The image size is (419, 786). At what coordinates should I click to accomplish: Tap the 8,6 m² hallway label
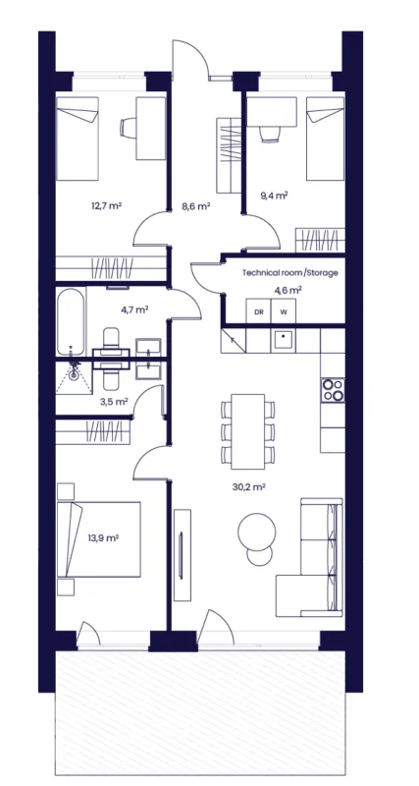click(194, 205)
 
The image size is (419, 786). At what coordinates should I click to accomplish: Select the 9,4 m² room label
click(274, 195)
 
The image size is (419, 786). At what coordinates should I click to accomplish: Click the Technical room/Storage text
click(290, 273)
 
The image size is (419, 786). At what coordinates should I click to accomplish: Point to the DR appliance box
click(258, 311)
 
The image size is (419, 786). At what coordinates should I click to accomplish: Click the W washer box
click(284, 311)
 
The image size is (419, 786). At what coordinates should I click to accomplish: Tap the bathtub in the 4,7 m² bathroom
click(71, 321)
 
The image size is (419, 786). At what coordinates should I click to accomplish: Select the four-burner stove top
click(333, 390)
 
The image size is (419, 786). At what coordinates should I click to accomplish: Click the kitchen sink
click(284, 341)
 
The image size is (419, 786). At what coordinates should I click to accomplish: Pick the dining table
click(248, 431)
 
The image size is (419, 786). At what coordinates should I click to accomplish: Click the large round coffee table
click(257, 532)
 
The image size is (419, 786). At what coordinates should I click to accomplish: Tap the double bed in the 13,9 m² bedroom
click(99, 539)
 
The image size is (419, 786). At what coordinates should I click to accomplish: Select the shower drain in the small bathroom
click(75, 373)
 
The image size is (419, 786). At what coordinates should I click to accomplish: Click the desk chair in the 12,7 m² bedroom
click(128, 127)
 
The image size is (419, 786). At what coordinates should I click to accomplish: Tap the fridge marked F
click(234, 341)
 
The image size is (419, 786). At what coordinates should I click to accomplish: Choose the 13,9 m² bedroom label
click(103, 538)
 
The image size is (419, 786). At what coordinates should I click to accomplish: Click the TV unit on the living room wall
click(183, 555)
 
